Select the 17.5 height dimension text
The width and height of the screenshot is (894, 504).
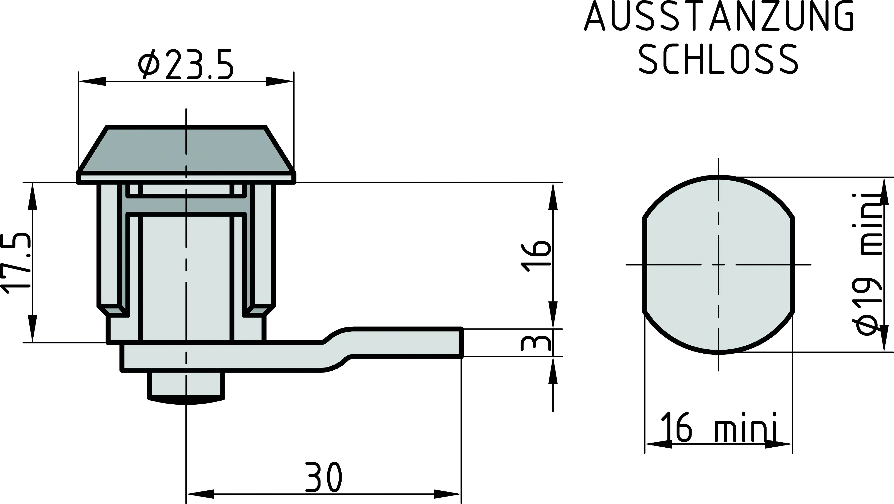[17, 262]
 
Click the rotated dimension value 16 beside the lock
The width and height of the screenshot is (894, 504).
[536, 256]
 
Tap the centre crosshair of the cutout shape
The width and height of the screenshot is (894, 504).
[719, 265]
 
